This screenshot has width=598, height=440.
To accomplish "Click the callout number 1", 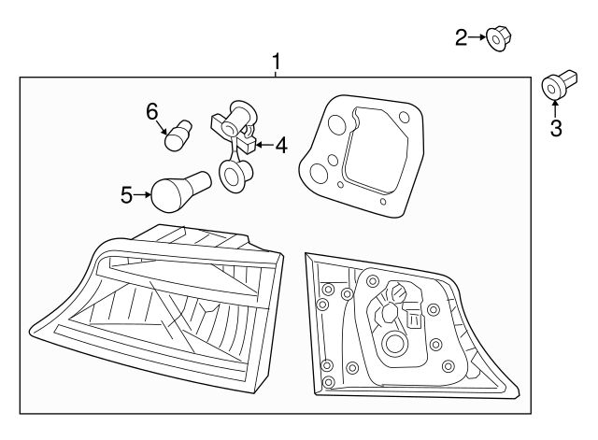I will click(276, 63).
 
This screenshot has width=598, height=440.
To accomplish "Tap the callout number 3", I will click(556, 128).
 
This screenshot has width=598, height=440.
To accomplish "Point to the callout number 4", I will click(280, 145).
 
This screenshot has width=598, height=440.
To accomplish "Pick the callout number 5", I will click(127, 194).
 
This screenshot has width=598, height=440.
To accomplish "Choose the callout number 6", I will click(152, 111).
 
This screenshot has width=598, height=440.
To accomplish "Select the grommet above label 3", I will click(555, 88).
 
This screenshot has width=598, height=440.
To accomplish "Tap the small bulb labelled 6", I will click(177, 136).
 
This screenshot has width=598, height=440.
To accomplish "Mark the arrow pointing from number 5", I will click(143, 194).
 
